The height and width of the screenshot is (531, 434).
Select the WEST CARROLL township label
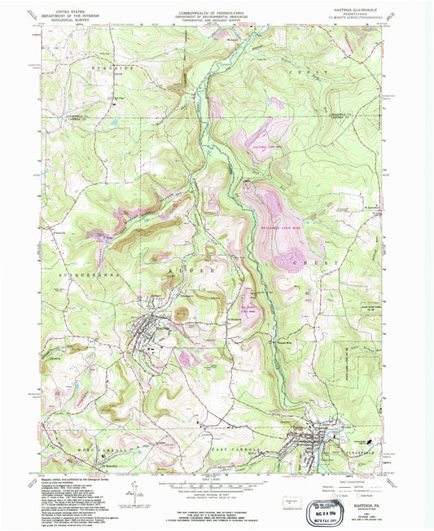[x=81, y=449]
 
